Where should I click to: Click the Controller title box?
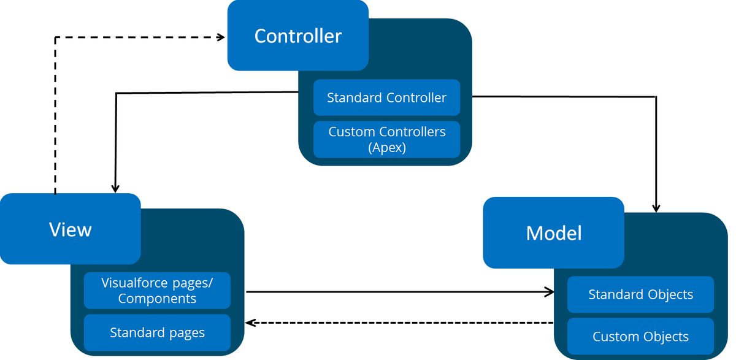pyautogui.click(x=297, y=36)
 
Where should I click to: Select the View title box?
pyautogui.click(x=70, y=229)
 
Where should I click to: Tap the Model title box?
pyautogui.click(x=553, y=232)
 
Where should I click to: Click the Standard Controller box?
pyautogui.click(x=386, y=98)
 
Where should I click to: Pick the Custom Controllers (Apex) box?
pyautogui.click(x=386, y=139)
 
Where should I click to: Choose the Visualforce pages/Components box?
pyautogui.click(x=157, y=290)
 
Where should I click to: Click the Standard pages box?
pyautogui.click(x=157, y=332)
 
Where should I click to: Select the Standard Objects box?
pyautogui.click(x=640, y=294)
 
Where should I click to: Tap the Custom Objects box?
pyautogui.click(x=640, y=336)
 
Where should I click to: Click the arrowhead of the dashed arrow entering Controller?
pyautogui.click(x=221, y=37)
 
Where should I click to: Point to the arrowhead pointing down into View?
pyautogui.click(x=115, y=188)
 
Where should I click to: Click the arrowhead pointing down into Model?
pyautogui.click(x=656, y=207)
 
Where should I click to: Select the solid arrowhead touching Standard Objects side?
pyautogui.click(x=549, y=293)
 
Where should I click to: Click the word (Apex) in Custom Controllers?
pyautogui.click(x=386, y=147)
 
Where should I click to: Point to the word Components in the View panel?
pyautogui.click(x=157, y=299)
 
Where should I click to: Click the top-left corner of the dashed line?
pyautogui.click(x=55, y=37)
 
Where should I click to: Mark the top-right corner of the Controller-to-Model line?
pyautogui.click(x=656, y=97)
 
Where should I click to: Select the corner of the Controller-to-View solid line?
pyautogui.click(x=115, y=93)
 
